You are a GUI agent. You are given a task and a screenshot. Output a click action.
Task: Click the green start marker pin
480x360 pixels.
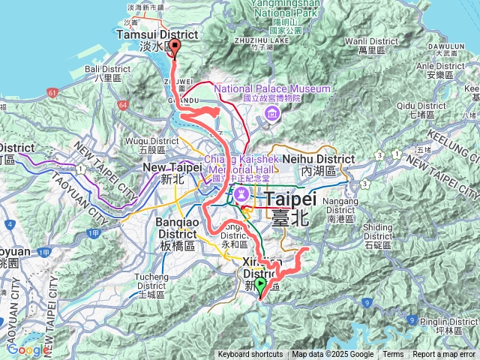click(260, 286)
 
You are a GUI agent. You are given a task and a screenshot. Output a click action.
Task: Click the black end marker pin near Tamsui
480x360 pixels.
click(175, 48)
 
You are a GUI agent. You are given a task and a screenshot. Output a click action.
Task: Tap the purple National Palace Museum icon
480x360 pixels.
click(270, 114)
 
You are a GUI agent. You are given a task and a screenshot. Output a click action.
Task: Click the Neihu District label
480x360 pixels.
click(325, 159)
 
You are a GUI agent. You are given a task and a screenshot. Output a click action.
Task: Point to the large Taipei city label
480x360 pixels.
click(289, 199)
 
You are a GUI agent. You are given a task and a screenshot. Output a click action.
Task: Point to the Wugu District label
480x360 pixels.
click(154, 141)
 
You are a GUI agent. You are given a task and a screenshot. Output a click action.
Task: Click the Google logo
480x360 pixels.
click(28, 349)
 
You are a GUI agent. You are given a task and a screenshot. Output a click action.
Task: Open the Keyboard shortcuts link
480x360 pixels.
click(250, 355)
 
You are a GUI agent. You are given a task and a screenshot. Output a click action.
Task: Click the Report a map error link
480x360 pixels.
click(444, 355)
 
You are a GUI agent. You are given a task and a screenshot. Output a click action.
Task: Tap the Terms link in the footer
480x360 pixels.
click(393, 355)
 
